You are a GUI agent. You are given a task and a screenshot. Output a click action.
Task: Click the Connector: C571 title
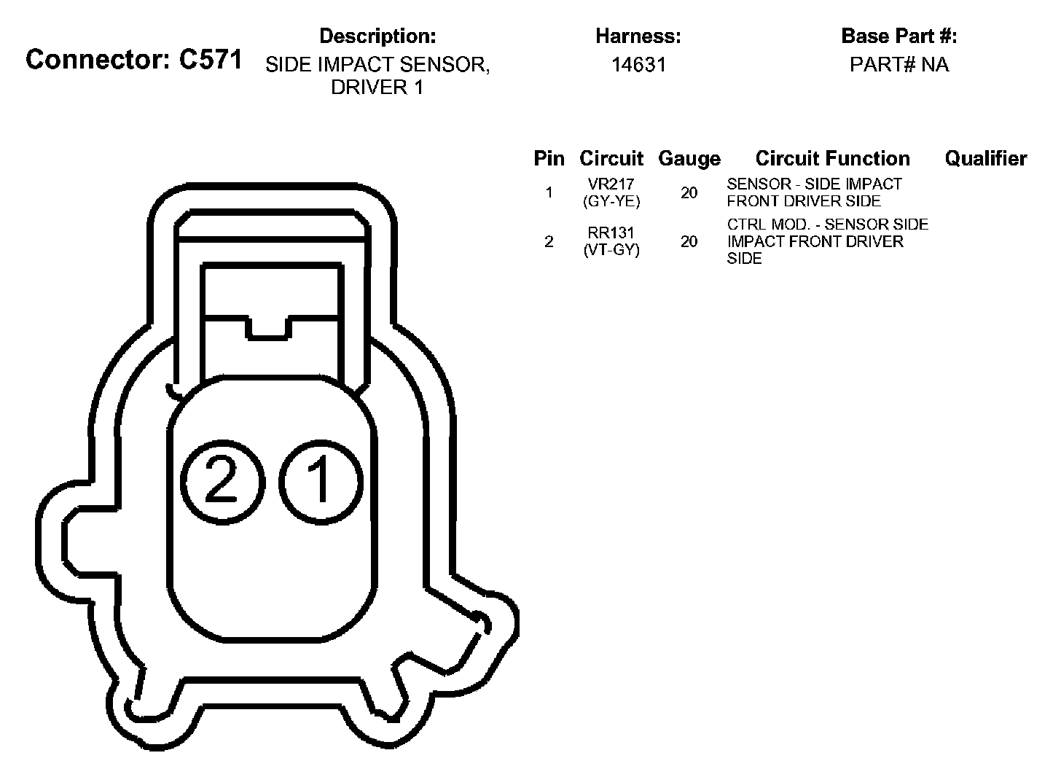(x=133, y=60)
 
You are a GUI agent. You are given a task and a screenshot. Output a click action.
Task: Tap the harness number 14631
(x=638, y=65)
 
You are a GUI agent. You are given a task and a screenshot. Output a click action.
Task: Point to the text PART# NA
(x=899, y=65)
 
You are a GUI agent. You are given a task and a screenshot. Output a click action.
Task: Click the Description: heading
(x=377, y=36)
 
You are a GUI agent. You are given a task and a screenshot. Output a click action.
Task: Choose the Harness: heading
(x=638, y=36)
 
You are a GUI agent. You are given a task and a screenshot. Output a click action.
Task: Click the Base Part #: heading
(x=899, y=36)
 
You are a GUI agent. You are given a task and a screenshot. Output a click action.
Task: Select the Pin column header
(x=549, y=158)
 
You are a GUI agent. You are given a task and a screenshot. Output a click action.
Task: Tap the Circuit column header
(x=611, y=158)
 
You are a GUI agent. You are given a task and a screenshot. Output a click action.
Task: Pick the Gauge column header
(x=689, y=158)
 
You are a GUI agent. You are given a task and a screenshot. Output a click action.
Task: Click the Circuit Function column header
(x=832, y=158)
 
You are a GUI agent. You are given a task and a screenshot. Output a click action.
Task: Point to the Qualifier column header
(x=985, y=158)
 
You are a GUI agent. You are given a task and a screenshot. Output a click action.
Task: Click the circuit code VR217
(x=611, y=184)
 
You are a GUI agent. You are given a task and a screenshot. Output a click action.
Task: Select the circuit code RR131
(x=611, y=233)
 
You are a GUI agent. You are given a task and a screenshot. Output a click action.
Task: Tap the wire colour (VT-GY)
(x=611, y=250)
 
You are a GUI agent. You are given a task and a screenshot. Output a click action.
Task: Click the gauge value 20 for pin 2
(x=689, y=241)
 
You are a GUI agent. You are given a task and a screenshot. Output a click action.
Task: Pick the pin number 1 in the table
(x=549, y=192)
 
